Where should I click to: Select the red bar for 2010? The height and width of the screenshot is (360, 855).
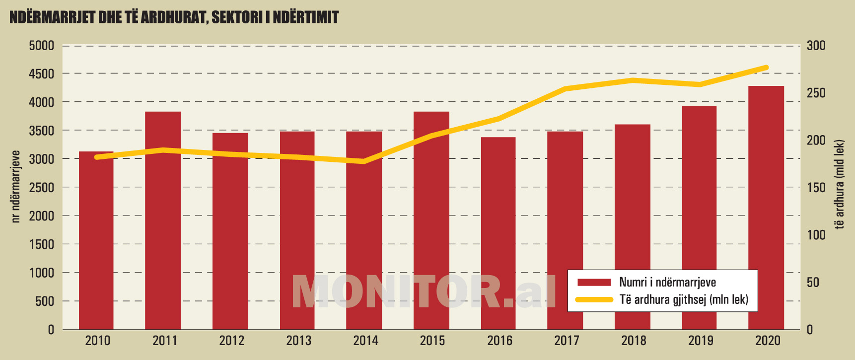[x=96, y=240]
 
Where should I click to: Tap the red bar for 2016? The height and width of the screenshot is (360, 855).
[x=498, y=233]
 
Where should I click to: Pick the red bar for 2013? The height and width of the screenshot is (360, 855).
[x=297, y=230]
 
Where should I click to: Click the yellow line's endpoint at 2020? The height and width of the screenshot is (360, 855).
[x=766, y=68]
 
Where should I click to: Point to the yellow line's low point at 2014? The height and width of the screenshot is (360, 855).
[x=364, y=161]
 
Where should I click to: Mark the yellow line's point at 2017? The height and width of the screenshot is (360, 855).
[x=565, y=89]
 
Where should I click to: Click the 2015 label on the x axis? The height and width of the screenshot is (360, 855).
[x=432, y=341]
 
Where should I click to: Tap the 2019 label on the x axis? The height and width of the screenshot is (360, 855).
[x=700, y=341]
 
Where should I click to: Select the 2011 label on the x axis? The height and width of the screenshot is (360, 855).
[x=164, y=341]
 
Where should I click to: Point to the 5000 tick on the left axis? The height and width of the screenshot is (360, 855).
[x=41, y=46]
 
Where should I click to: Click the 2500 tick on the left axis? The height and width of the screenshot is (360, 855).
[x=41, y=188]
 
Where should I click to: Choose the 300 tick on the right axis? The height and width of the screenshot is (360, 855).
[x=816, y=46]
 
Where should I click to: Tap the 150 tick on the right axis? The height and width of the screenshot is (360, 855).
[x=816, y=188]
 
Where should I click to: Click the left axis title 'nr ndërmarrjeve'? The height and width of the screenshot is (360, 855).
[x=15, y=187]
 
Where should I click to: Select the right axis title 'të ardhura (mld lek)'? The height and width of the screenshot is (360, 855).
[x=839, y=185]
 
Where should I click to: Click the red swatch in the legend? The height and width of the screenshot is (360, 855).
[x=594, y=282]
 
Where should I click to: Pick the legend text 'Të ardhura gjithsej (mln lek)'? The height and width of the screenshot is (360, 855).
[x=684, y=299]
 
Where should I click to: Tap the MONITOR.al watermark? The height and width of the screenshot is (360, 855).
[x=424, y=291]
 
